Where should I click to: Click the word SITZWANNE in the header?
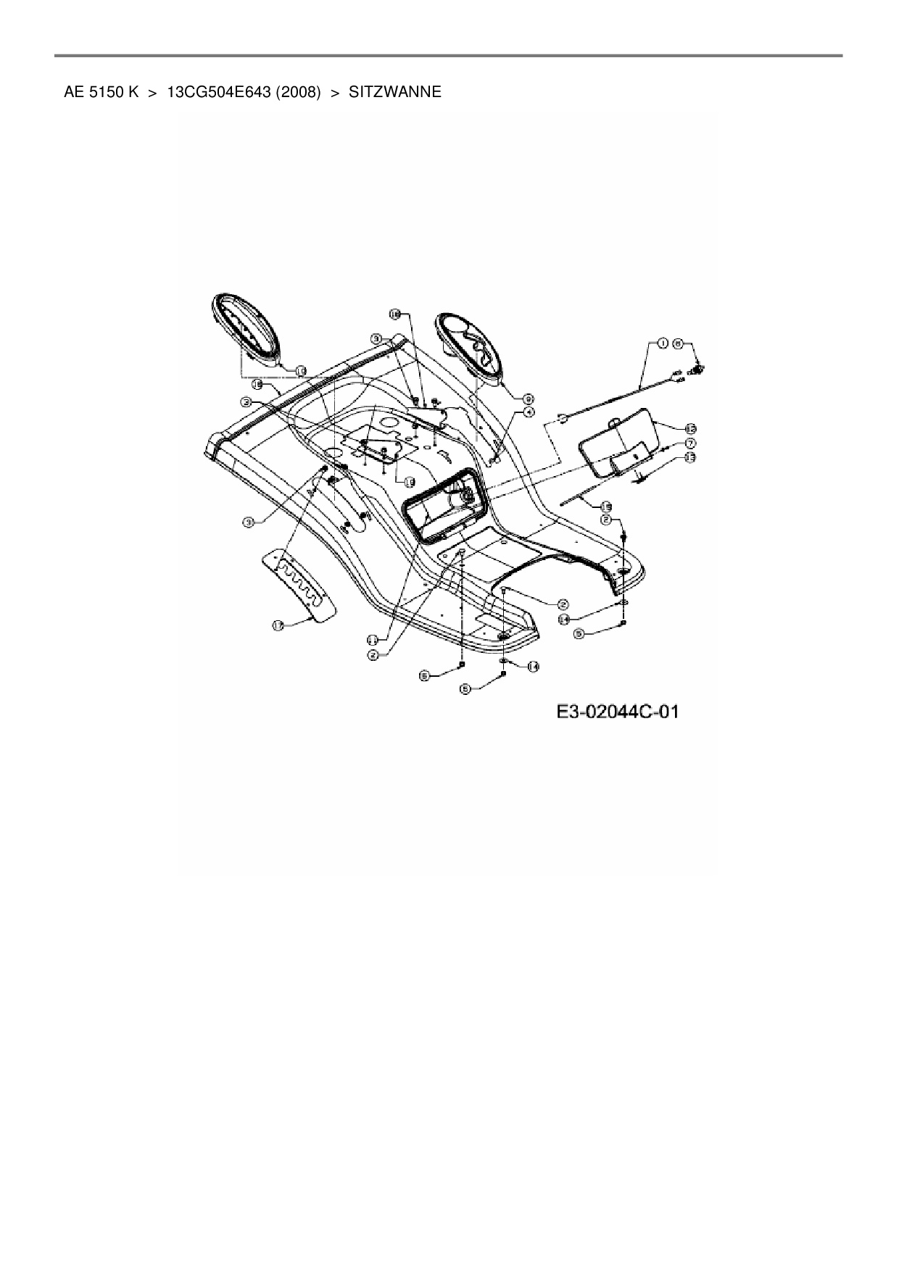pos(394,93)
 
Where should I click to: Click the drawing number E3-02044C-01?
pos(618,712)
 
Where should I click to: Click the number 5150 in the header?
pos(104,93)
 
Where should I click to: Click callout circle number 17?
pos(278,625)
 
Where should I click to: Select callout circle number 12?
pos(689,428)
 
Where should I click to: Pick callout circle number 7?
pos(689,443)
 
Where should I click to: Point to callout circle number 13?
pos(689,457)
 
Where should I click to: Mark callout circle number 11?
pos(371,639)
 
